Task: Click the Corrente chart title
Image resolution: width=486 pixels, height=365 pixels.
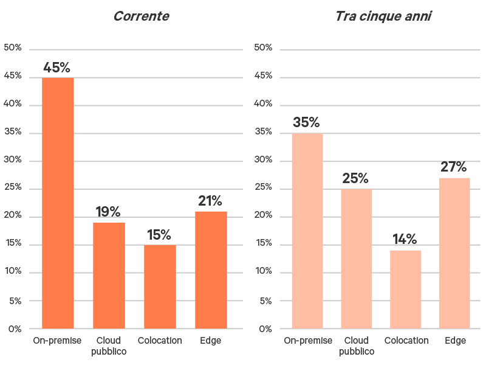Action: [x=141, y=16]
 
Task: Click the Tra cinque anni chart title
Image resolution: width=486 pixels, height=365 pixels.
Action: [x=383, y=16]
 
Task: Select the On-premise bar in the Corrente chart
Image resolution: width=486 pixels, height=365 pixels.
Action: [x=58, y=203]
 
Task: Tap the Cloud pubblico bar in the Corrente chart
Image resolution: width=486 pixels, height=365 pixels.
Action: [x=109, y=276]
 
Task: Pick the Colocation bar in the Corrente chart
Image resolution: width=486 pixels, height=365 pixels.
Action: [x=160, y=287]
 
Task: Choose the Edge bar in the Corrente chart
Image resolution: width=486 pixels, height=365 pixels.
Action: [x=211, y=270]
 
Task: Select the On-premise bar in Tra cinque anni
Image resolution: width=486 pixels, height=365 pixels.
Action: [x=307, y=231]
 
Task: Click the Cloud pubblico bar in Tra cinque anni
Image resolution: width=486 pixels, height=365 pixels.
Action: [x=356, y=259]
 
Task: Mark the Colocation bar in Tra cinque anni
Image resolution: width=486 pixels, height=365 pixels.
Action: [x=405, y=290]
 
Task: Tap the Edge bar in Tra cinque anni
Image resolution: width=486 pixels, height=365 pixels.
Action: [x=454, y=253]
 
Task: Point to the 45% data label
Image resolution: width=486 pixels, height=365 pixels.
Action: [x=56, y=68]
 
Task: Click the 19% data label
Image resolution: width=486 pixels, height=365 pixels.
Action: [x=108, y=212]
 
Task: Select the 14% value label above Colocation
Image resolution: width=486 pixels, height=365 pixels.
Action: [x=405, y=239]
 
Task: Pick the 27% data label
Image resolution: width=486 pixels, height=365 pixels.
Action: [x=454, y=167]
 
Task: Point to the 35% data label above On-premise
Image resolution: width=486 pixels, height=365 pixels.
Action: [x=306, y=122]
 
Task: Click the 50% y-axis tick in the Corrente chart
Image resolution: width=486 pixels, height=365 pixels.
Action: [x=13, y=48]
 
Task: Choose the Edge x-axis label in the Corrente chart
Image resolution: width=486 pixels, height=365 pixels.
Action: [x=211, y=341]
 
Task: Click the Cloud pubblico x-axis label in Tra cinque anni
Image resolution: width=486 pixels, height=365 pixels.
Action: [x=357, y=346]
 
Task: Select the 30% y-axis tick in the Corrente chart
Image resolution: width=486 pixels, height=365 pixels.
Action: [x=13, y=161]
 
